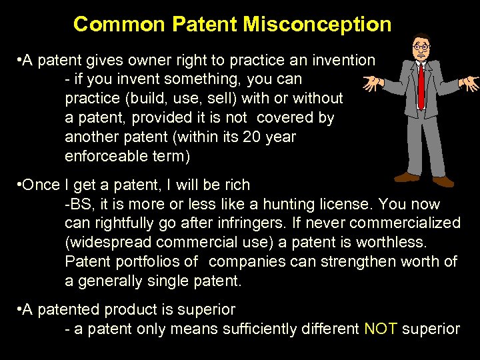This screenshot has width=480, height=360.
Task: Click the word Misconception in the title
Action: [x=317, y=25]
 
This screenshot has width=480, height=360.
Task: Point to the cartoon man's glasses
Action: [x=421, y=47]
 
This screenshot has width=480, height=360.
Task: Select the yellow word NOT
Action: [x=381, y=329]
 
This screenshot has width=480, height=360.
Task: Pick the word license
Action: [x=351, y=203]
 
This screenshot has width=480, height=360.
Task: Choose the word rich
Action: [x=237, y=185]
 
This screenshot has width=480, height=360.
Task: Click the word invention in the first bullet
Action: [x=345, y=60]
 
